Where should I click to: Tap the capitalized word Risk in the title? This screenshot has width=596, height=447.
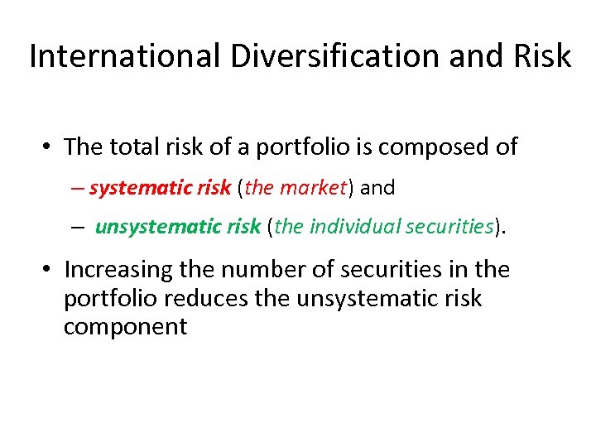(541, 56)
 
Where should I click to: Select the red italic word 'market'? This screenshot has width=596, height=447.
(311, 188)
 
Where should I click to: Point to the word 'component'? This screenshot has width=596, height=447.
(125, 326)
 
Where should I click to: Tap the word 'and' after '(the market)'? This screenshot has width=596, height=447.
(378, 188)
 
